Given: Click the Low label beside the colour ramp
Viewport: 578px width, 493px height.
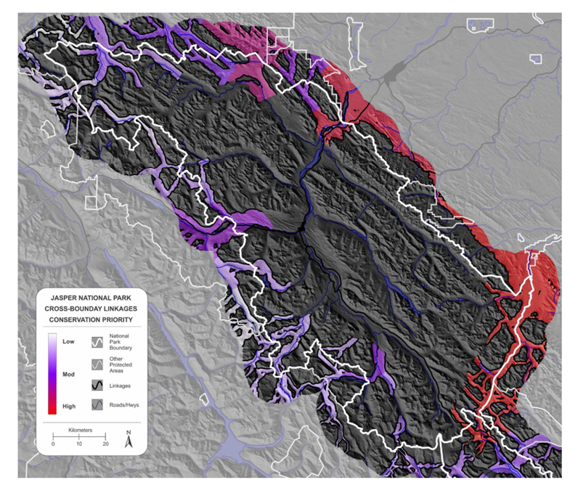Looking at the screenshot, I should pos(69,341).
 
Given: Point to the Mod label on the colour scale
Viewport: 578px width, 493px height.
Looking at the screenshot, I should pos(69,375).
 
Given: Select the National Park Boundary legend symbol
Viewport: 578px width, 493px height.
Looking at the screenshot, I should pos(98,341).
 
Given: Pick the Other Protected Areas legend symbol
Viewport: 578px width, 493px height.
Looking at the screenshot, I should pos(98,363).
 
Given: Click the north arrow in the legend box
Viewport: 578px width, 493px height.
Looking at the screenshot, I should pos(129,438).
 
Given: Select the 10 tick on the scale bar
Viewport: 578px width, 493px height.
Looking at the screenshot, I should pos(79,443).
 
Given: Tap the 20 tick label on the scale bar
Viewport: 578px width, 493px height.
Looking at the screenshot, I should pos(106,444).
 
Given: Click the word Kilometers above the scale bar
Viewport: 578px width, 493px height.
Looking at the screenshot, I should pos(79,430).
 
